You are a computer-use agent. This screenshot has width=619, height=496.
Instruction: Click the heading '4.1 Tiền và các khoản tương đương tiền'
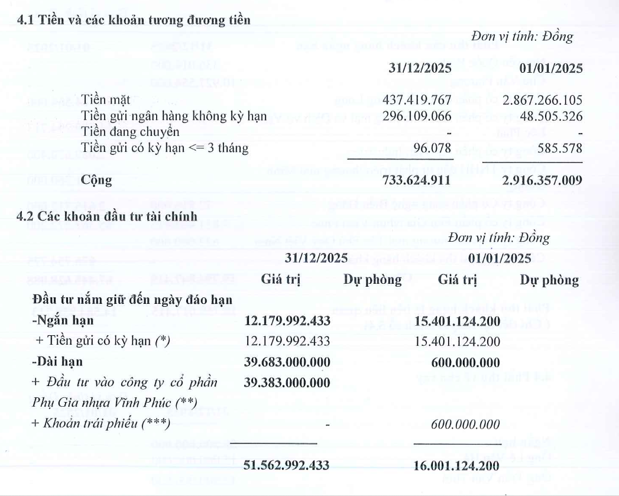coord(134,20)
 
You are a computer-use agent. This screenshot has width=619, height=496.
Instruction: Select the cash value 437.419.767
coord(417,98)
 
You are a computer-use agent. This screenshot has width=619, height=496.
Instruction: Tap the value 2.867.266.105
coord(533,98)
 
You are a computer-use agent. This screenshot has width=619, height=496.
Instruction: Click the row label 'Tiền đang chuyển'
coord(121,131)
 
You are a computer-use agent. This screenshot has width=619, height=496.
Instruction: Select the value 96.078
coord(433,148)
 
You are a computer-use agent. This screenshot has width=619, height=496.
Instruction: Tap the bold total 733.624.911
coord(417,180)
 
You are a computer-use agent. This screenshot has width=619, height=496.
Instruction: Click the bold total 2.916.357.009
coord(533,180)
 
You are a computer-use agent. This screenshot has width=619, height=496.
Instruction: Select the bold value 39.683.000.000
coord(287,361)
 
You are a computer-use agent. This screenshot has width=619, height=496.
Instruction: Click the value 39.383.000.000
coord(287,382)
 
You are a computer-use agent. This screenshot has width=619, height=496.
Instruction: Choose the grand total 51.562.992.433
coord(287,465)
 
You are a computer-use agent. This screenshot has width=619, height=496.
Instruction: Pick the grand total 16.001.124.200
coord(456,465)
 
